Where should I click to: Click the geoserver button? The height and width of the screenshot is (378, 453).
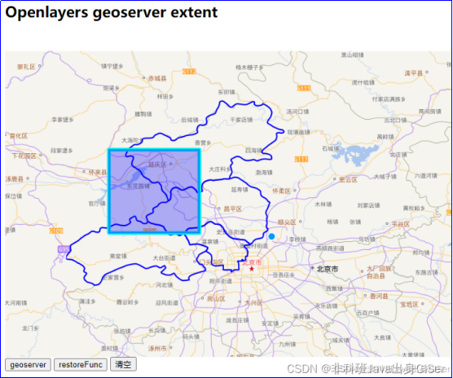pyautogui.click(x=29, y=364)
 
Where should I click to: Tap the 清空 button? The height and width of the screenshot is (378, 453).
pyautogui.click(x=124, y=364)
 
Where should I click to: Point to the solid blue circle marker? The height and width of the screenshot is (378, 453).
pyautogui.click(x=271, y=236)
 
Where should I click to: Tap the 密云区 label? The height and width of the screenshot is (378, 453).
pyautogui.click(x=349, y=179)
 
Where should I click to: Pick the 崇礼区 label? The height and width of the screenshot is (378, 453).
pyautogui.click(x=24, y=67)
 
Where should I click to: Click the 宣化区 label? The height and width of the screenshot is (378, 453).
pyautogui.click(x=17, y=136)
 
